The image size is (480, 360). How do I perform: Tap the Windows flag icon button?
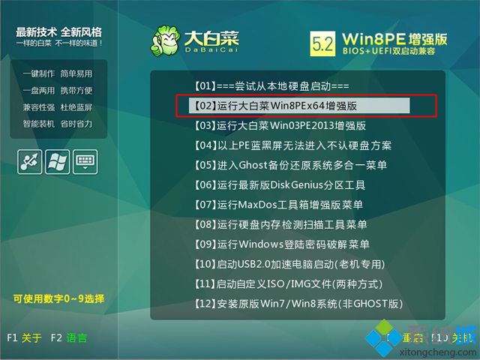tap(57, 161)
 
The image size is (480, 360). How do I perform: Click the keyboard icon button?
tap(85, 161)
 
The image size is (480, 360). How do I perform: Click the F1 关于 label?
tap(24, 337)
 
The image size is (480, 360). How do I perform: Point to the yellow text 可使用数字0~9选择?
tap(58, 298)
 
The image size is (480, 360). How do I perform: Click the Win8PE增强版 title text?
tap(394, 37)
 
